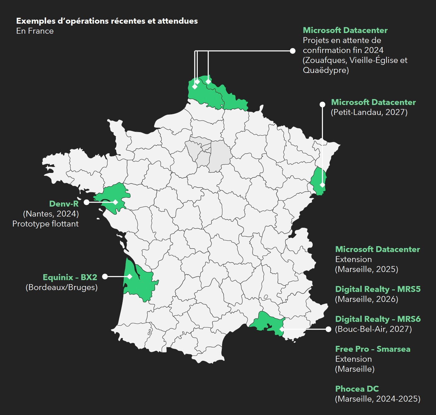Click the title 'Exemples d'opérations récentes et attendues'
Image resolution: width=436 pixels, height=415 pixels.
[x=107, y=21]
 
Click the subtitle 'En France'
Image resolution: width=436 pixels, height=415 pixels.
[x=35, y=31]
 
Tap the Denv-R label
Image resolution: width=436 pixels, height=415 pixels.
[x=64, y=204]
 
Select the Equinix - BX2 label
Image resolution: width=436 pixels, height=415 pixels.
[x=70, y=277]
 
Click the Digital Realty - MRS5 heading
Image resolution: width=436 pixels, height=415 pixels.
[x=378, y=289]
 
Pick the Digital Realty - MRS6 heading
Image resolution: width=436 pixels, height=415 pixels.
[x=378, y=319]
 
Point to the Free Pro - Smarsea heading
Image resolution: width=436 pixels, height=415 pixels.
[x=372, y=349]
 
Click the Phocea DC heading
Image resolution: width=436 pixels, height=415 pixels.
[x=357, y=389]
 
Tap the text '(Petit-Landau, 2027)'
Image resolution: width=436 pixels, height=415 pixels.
[x=369, y=112]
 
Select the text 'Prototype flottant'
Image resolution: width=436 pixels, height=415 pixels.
[x=45, y=224]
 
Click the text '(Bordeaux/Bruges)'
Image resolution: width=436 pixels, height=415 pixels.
[x=62, y=287]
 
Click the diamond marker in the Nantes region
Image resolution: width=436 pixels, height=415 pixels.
[x=115, y=202]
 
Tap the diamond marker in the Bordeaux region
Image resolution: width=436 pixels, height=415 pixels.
[x=130, y=276]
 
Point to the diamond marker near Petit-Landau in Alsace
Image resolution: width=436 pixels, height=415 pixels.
[x=322, y=185]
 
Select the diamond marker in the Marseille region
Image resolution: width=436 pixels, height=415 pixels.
[x=282, y=329]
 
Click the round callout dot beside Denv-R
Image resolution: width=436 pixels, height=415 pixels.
[x=87, y=202]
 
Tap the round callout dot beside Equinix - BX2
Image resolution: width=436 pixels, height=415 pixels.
[x=105, y=276]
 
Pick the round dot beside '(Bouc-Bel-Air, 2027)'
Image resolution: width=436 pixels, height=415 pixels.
[x=328, y=329]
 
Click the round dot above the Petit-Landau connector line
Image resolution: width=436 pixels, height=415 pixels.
[x=322, y=104]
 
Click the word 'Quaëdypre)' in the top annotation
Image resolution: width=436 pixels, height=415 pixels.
[x=326, y=70]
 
